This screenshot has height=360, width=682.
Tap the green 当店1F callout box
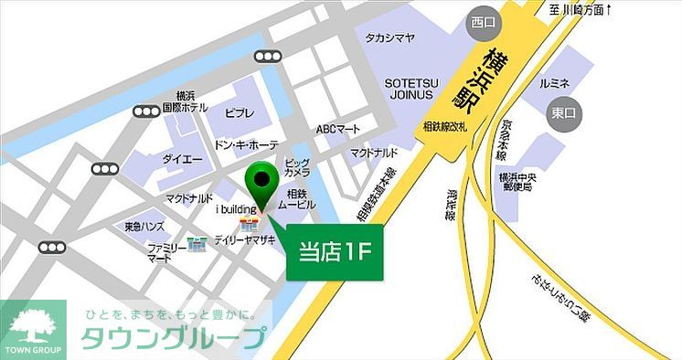(335, 251)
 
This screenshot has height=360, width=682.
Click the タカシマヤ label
(390, 37)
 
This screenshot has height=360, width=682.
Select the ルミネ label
(555, 83)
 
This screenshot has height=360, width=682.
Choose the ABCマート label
(337, 129)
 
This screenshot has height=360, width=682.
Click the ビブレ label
(240, 112)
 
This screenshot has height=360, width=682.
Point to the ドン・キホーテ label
(246, 145)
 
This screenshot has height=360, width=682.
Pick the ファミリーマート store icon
(197, 246)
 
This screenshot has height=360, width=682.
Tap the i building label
(235, 210)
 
